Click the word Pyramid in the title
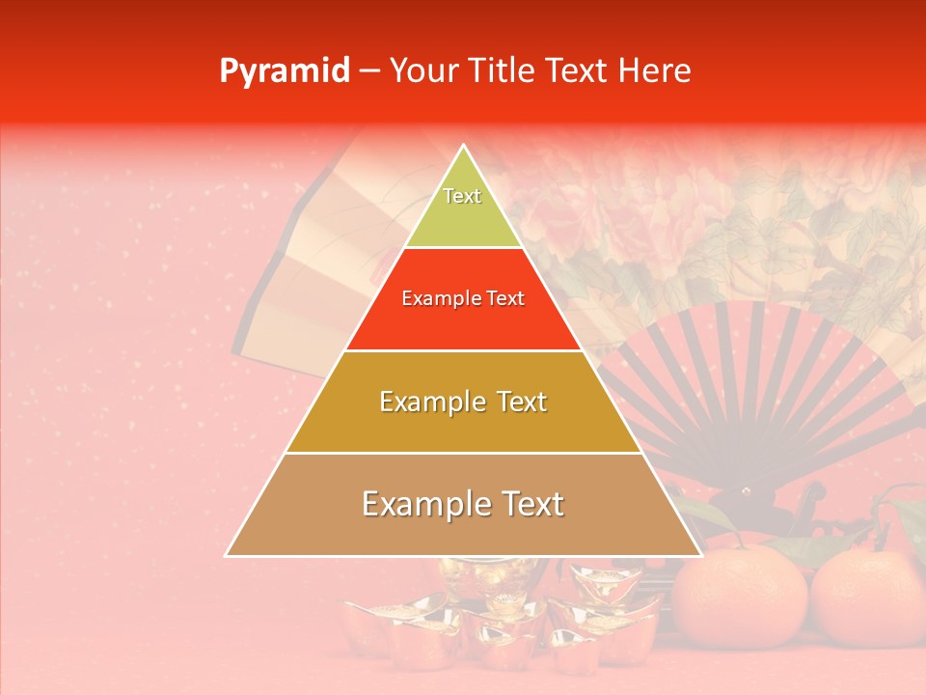coord(284,71)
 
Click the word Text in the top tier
coord(462,196)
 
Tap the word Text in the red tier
coord(504,299)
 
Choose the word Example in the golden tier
coord(428,402)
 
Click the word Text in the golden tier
coord(522,402)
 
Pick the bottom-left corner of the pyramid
coord(226,555)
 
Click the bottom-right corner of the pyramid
coord(701,555)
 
